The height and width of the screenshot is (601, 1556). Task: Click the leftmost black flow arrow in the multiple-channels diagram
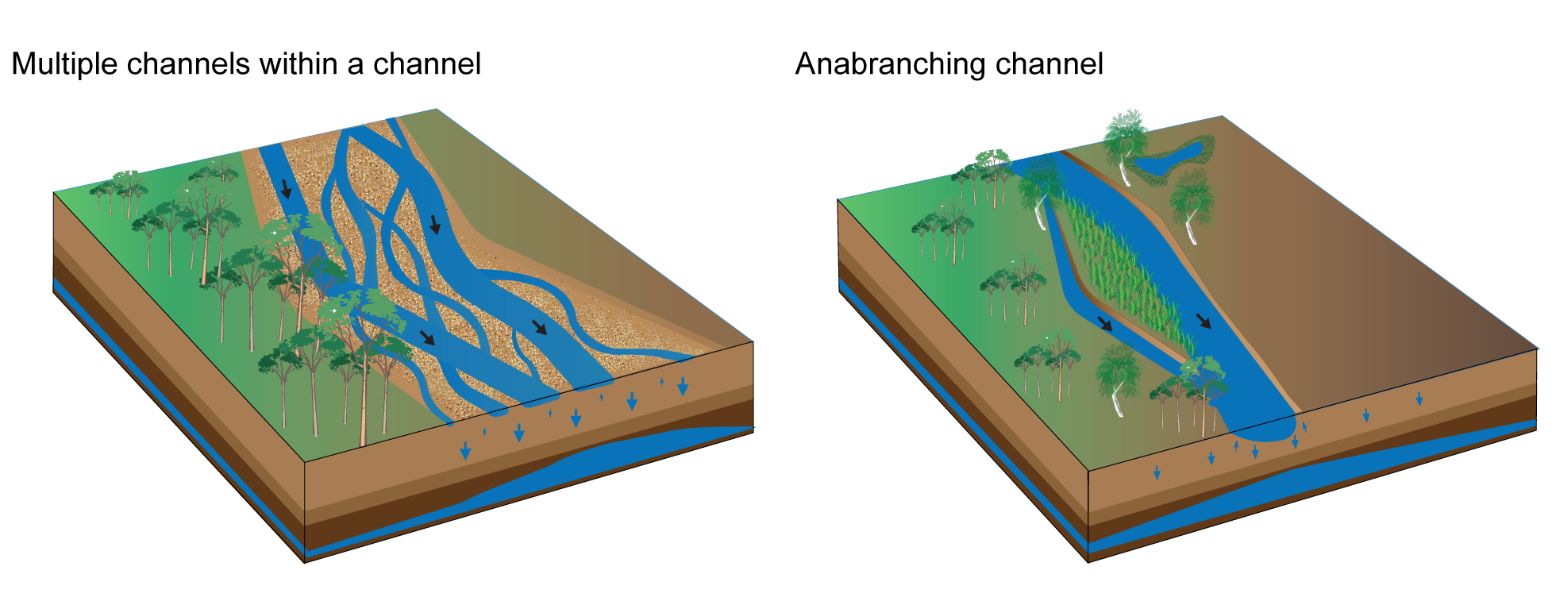click(286, 189)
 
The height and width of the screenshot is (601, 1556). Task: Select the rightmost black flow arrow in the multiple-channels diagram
click(540, 326)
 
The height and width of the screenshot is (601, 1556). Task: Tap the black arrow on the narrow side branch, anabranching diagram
click(1105, 322)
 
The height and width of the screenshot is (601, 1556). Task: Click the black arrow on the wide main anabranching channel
click(1204, 320)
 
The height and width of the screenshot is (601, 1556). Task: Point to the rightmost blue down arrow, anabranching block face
click(1419, 399)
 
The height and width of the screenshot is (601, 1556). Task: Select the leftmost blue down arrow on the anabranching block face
click(1157, 472)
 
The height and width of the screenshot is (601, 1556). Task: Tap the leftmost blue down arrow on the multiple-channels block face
click(465, 452)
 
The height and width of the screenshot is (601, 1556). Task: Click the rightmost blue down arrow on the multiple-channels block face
click(683, 387)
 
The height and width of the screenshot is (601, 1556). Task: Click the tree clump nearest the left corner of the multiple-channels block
click(119, 191)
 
